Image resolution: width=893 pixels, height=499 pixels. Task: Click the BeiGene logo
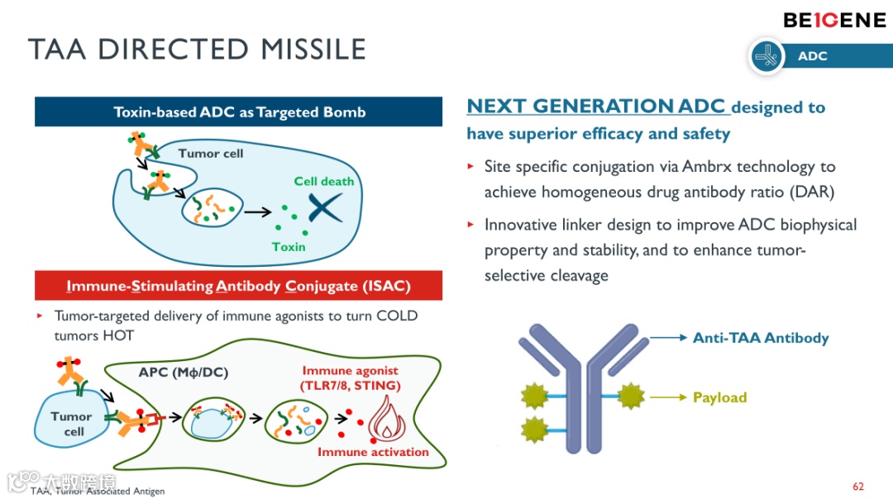point(834,20)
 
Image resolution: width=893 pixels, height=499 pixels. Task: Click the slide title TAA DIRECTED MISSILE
point(197,49)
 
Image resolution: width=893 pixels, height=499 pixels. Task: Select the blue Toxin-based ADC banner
point(239,112)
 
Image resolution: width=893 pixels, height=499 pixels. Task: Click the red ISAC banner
point(238,286)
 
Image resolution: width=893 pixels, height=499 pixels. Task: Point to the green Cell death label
point(324,181)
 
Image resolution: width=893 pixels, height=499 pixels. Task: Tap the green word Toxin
point(289,246)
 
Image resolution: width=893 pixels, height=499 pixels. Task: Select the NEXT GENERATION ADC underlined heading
point(596,107)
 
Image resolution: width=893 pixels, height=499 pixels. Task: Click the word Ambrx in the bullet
point(707,167)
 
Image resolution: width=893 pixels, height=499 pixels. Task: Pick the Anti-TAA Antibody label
point(761,338)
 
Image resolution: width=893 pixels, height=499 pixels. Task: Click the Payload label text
point(719,397)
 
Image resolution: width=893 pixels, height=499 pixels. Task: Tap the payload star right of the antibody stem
point(633,397)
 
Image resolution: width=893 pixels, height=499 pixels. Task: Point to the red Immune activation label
point(373,452)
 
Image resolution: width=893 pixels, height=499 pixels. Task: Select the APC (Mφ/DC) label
point(183,373)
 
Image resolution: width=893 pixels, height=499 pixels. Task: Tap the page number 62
point(858,486)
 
